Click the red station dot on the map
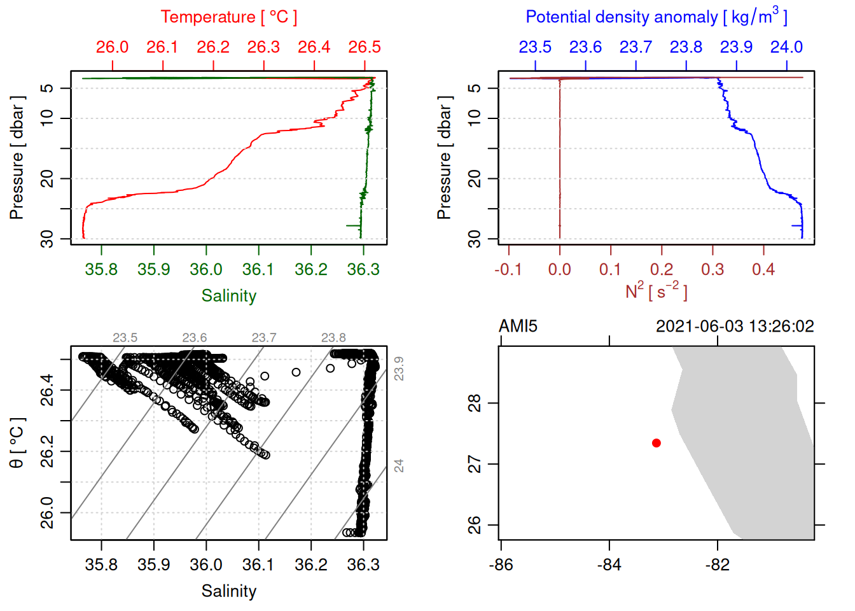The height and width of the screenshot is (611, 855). (x=656, y=443)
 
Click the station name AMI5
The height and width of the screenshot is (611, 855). (x=518, y=327)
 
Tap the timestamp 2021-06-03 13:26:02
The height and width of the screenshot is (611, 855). (x=735, y=327)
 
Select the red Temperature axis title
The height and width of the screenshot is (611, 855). (x=228, y=17)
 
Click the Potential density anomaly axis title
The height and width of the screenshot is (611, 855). (x=656, y=17)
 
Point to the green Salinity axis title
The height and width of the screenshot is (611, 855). (x=228, y=296)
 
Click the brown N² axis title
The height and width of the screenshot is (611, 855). (x=656, y=291)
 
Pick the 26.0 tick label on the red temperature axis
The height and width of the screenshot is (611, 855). (x=112, y=47)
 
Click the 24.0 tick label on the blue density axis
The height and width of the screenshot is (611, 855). (x=786, y=47)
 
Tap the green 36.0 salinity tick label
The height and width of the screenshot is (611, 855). (x=206, y=270)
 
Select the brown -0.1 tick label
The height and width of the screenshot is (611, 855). (x=508, y=270)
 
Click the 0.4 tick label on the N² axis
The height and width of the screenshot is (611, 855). (x=763, y=270)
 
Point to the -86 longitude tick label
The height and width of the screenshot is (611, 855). (x=501, y=565)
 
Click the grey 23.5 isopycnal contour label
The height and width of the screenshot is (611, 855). (x=125, y=338)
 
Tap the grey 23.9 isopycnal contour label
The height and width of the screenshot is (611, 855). (x=399, y=369)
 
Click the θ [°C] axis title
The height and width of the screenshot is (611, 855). (x=17, y=443)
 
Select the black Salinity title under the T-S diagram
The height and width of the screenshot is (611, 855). (x=228, y=591)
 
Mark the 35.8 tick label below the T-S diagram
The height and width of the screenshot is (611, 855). (x=101, y=565)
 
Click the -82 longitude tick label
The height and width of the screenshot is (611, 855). (x=718, y=565)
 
